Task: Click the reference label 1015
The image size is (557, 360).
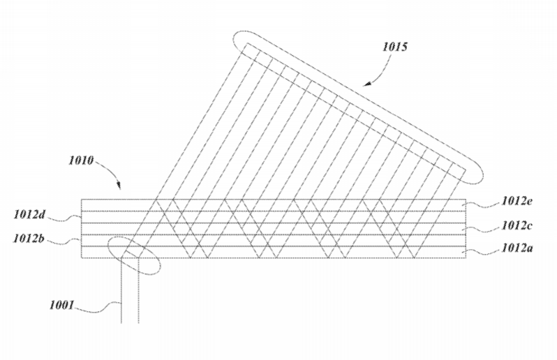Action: point(395,47)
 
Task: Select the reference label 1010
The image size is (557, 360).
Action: point(81,160)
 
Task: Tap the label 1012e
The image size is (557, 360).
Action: point(517,201)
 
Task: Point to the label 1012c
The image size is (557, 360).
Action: point(517,225)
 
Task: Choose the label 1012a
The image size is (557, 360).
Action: point(517,248)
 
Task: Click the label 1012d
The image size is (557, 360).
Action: point(29,214)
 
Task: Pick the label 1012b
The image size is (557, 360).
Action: point(29,238)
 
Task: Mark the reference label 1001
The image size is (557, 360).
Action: point(62,305)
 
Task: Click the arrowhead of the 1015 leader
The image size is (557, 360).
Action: point(367,84)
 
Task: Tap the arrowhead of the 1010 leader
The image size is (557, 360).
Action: point(119,186)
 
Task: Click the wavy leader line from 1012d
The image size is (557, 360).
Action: point(64,218)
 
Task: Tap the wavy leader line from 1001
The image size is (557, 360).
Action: point(98,308)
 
